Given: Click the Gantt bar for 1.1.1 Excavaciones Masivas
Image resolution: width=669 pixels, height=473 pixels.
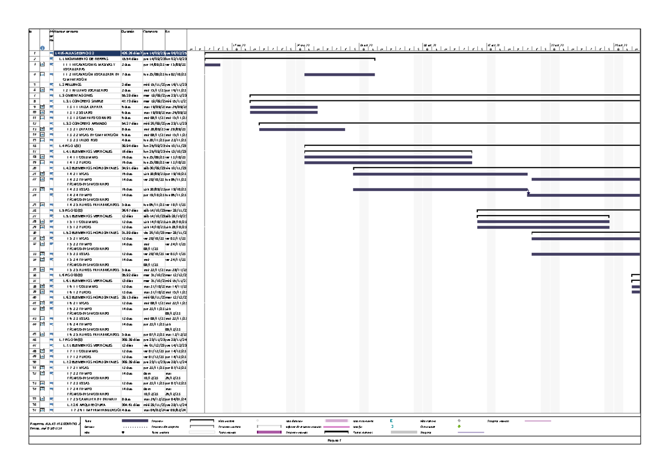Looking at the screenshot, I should point(212,65).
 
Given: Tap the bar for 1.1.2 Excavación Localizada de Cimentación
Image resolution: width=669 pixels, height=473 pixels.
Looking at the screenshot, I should point(339,74).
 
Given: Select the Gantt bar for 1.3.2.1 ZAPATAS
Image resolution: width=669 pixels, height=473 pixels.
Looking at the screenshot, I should point(302,129).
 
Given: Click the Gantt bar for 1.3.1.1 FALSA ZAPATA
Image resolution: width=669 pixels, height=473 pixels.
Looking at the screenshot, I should point(284,107).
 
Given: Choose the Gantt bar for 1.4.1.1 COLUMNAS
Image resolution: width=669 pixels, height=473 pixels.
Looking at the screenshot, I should point(387,157).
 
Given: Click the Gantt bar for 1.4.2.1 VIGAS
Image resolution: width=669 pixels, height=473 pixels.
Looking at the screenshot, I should point(440,174).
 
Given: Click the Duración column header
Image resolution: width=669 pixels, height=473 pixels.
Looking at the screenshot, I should point(128,31).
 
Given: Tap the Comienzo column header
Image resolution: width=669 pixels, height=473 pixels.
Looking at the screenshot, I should point(150,31).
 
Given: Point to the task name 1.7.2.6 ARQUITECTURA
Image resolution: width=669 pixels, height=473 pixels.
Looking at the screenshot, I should point(89,404).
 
